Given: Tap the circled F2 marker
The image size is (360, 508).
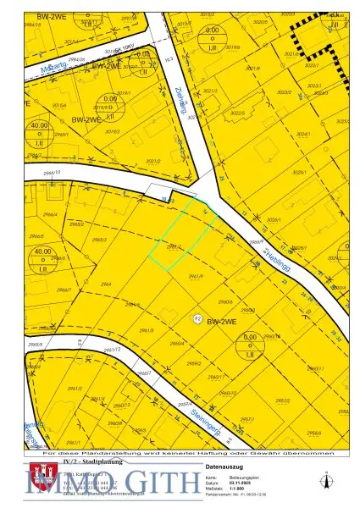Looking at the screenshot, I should point(197,318).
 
